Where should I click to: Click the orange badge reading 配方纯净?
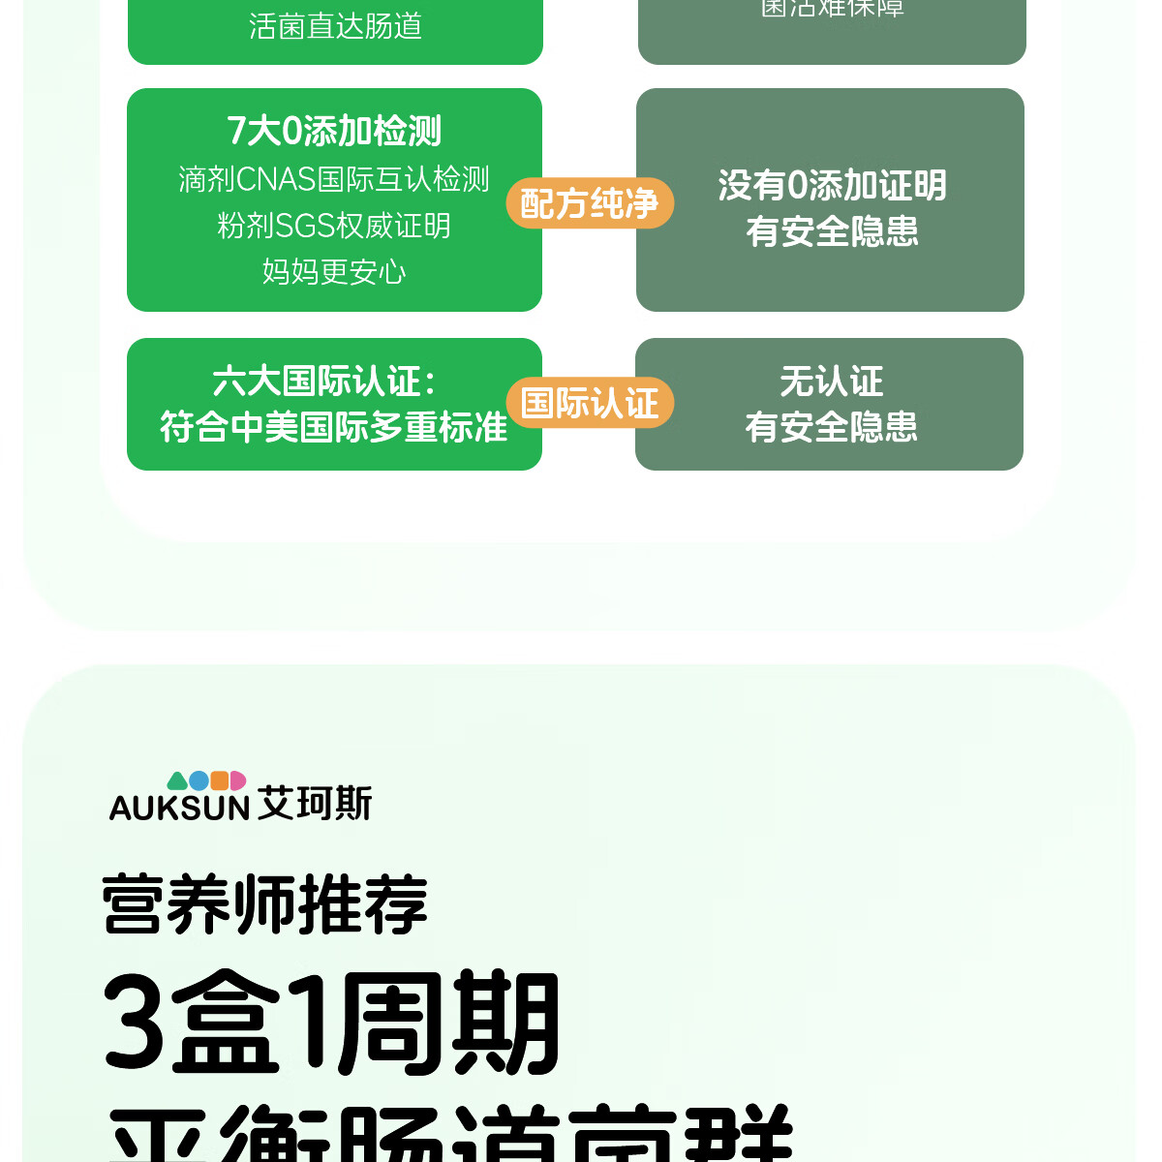pyautogui.click(x=590, y=203)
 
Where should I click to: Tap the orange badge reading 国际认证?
pyautogui.click(x=590, y=403)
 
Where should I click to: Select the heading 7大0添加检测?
pyautogui.click(x=334, y=131)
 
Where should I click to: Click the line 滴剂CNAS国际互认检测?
pyautogui.click(x=334, y=179)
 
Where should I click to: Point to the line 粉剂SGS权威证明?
pyautogui.click(x=334, y=226)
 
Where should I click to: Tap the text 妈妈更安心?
pyautogui.click(x=334, y=271)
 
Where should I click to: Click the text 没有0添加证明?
pyautogui.click(x=832, y=185)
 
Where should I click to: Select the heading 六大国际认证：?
pyautogui.click(x=324, y=382)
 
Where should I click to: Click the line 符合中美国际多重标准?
pyautogui.click(x=334, y=427)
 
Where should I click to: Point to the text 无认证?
pyautogui.click(x=832, y=382)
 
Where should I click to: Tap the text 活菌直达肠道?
pyautogui.click(x=335, y=26)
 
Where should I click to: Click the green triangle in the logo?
pyautogui.click(x=177, y=781)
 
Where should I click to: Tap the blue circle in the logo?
pyautogui.click(x=199, y=780)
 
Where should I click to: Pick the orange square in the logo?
pyautogui.click(x=220, y=780)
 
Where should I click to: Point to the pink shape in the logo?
pyautogui.click(x=237, y=780)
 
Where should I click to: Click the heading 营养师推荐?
pyautogui.click(x=265, y=904)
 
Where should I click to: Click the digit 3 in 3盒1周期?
pyautogui.click(x=135, y=1023)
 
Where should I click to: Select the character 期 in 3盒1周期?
pyautogui.click(x=505, y=1023)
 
